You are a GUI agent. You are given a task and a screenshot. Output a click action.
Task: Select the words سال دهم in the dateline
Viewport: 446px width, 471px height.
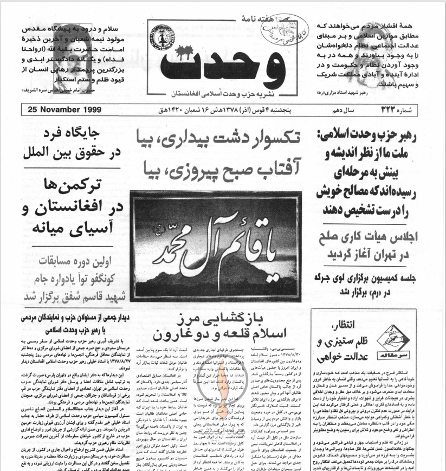click(x=341, y=110)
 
